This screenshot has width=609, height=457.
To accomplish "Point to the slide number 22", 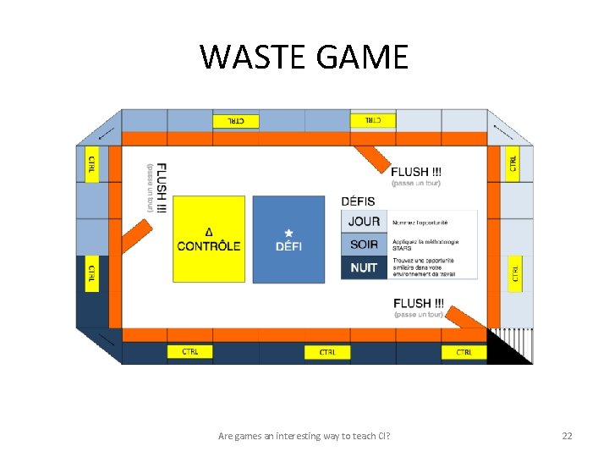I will pos(567,436).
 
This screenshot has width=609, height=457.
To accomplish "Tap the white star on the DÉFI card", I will pos(288,233).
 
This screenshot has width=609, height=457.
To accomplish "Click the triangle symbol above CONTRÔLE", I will pos(209,232).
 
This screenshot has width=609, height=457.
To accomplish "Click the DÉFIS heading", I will pos(358,201).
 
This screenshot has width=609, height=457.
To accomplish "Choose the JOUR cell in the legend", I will pos(365,222).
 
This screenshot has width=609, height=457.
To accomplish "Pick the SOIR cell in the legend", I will pos(365,245).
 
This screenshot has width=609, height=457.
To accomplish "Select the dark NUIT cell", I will pos(365,267).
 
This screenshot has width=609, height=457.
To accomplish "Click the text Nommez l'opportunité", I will pos(420,222).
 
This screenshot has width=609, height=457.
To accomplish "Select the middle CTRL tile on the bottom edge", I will pos(327,352).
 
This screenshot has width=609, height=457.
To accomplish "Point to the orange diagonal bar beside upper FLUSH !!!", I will pos(371,158).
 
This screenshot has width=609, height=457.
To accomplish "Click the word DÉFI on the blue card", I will pos(288,246).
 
